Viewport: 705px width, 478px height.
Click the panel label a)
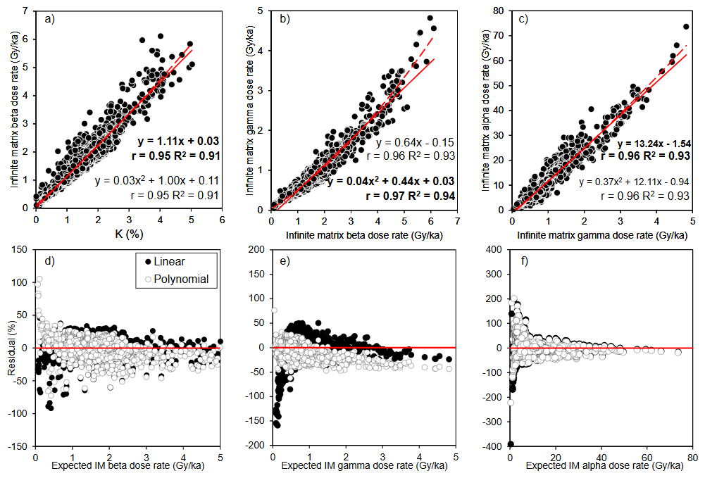click(x=49, y=19)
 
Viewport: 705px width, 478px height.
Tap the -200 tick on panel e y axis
click(x=258, y=446)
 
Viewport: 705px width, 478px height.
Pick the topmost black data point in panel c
click(x=685, y=27)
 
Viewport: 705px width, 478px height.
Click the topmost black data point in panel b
click(x=430, y=18)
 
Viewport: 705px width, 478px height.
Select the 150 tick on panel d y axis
click(x=25, y=249)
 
